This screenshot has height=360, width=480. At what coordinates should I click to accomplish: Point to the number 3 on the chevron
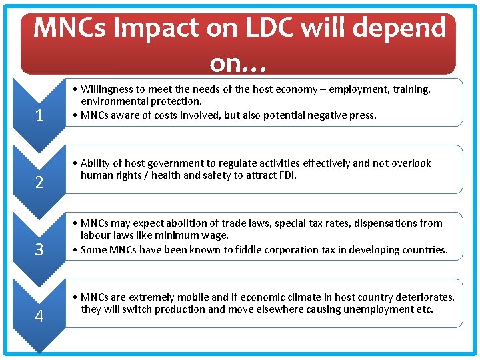39,250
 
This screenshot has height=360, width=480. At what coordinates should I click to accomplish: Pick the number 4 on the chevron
39,317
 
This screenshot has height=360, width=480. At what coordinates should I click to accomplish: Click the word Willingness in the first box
108,89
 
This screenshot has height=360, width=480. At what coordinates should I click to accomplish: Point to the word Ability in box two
95,163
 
